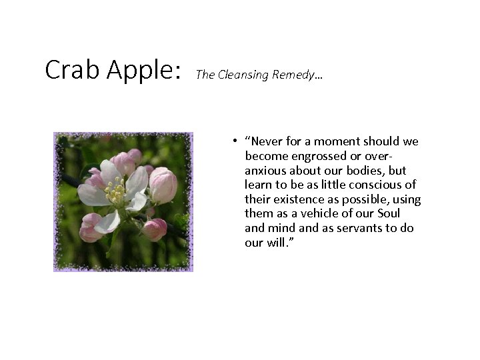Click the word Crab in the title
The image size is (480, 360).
pyautogui.click(x=69, y=69)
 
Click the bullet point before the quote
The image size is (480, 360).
pyautogui.click(x=236, y=141)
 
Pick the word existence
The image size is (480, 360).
pyautogui.click(x=301, y=199)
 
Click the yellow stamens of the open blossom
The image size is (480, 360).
pyautogui.click(x=115, y=194)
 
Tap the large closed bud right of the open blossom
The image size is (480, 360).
pyautogui.click(x=163, y=185)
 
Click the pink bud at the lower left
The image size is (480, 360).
pyautogui.click(x=91, y=228)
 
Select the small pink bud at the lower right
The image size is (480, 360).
pyautogui.click(x=155, y=229)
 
